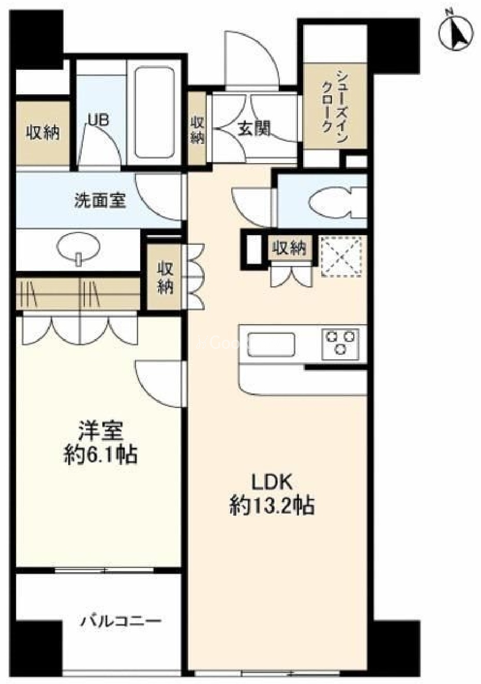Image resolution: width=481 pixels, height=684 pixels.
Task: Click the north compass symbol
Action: [x=456, y=33]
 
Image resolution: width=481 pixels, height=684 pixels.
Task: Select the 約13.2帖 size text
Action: [x=272, y=506]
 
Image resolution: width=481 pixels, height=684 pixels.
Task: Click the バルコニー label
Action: [x=121, y=620]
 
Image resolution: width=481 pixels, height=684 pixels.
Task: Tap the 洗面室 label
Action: [x=100, y=200]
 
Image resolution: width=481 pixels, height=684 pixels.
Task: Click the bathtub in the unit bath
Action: [x=154, y=112]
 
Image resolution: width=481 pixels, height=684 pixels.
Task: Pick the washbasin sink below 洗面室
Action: [x=78, y=248]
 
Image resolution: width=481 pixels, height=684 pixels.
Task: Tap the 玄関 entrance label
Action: [x=254, y=128]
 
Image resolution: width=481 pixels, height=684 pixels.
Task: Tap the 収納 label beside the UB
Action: [x=43, y=133]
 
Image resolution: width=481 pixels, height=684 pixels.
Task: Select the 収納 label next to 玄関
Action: [x=197, y=129]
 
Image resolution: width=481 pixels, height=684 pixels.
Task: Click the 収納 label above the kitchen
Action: [x=290, y=249]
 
